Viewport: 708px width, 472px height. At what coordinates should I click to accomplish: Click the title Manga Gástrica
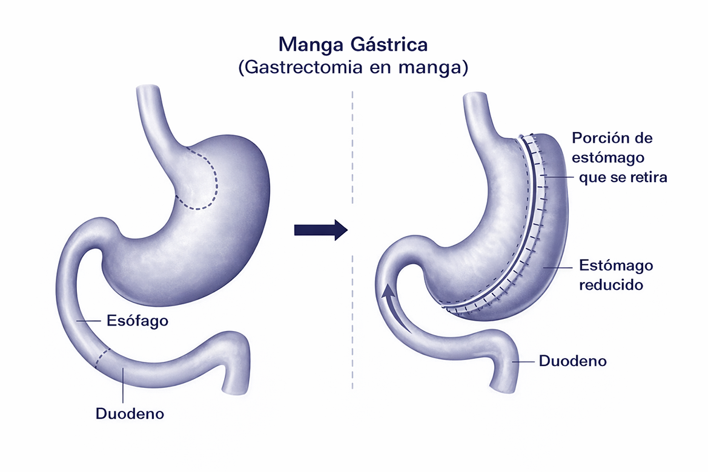353,45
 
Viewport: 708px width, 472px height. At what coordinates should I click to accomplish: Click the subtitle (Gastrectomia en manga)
353,67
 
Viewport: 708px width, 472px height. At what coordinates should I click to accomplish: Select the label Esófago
137,320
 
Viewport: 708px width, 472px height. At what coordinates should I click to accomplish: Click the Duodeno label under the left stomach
130,415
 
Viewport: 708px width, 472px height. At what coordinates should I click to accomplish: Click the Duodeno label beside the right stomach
572,361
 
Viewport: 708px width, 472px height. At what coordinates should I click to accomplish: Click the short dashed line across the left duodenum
102,358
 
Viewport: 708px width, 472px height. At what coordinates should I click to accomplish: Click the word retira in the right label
649,178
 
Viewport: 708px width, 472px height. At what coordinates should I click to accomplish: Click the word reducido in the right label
611,284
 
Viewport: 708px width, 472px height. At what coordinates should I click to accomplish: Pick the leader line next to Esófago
89,321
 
